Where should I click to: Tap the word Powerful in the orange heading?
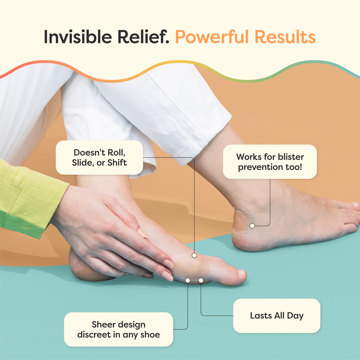tap(212, 37)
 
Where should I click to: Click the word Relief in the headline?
tap(143, 37)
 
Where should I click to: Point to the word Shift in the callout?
tap(117, 163)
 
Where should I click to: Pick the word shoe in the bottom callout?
tap(150, 335)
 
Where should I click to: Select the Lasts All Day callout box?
tap(276, 316)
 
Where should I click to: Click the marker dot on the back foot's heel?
tap(252, 226)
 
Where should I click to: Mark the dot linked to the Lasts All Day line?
tap(201, 280)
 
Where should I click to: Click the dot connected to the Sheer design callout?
tap(188, 280)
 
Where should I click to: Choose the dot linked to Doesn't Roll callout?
tap(194, 255)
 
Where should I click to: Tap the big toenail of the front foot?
tap(241, 272)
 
